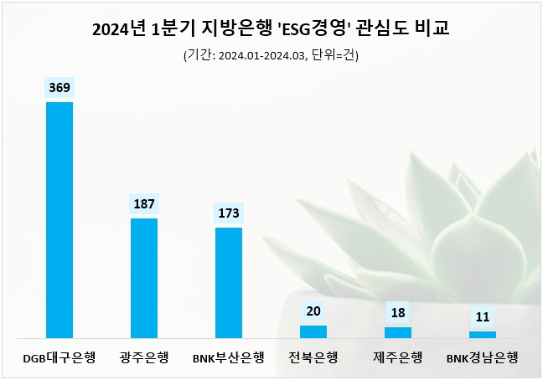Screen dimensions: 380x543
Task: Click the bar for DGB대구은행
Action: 59,219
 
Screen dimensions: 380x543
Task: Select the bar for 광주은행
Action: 144,278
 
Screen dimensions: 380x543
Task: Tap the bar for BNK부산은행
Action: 229,282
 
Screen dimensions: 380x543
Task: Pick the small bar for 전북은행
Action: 313,331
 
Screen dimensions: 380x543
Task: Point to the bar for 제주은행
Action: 398,332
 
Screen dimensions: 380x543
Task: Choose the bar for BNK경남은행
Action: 483,334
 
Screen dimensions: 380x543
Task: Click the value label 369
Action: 59,88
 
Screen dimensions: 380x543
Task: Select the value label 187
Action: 144,204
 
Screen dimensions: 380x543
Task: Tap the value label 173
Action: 229,213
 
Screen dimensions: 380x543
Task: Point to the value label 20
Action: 313,311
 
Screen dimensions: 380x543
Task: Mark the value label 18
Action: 398,312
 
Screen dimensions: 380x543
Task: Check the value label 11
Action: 483,317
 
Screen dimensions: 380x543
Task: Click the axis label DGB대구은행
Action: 59,358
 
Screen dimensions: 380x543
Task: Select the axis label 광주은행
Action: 144,358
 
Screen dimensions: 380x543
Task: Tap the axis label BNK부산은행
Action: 229,358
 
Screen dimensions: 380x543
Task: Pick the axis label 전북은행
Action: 313,358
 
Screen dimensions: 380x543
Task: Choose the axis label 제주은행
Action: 398,358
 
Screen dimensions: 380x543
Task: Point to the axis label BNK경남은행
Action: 483,358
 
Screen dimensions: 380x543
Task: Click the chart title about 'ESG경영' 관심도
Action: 271,29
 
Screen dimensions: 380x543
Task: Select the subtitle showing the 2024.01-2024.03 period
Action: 271,55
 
